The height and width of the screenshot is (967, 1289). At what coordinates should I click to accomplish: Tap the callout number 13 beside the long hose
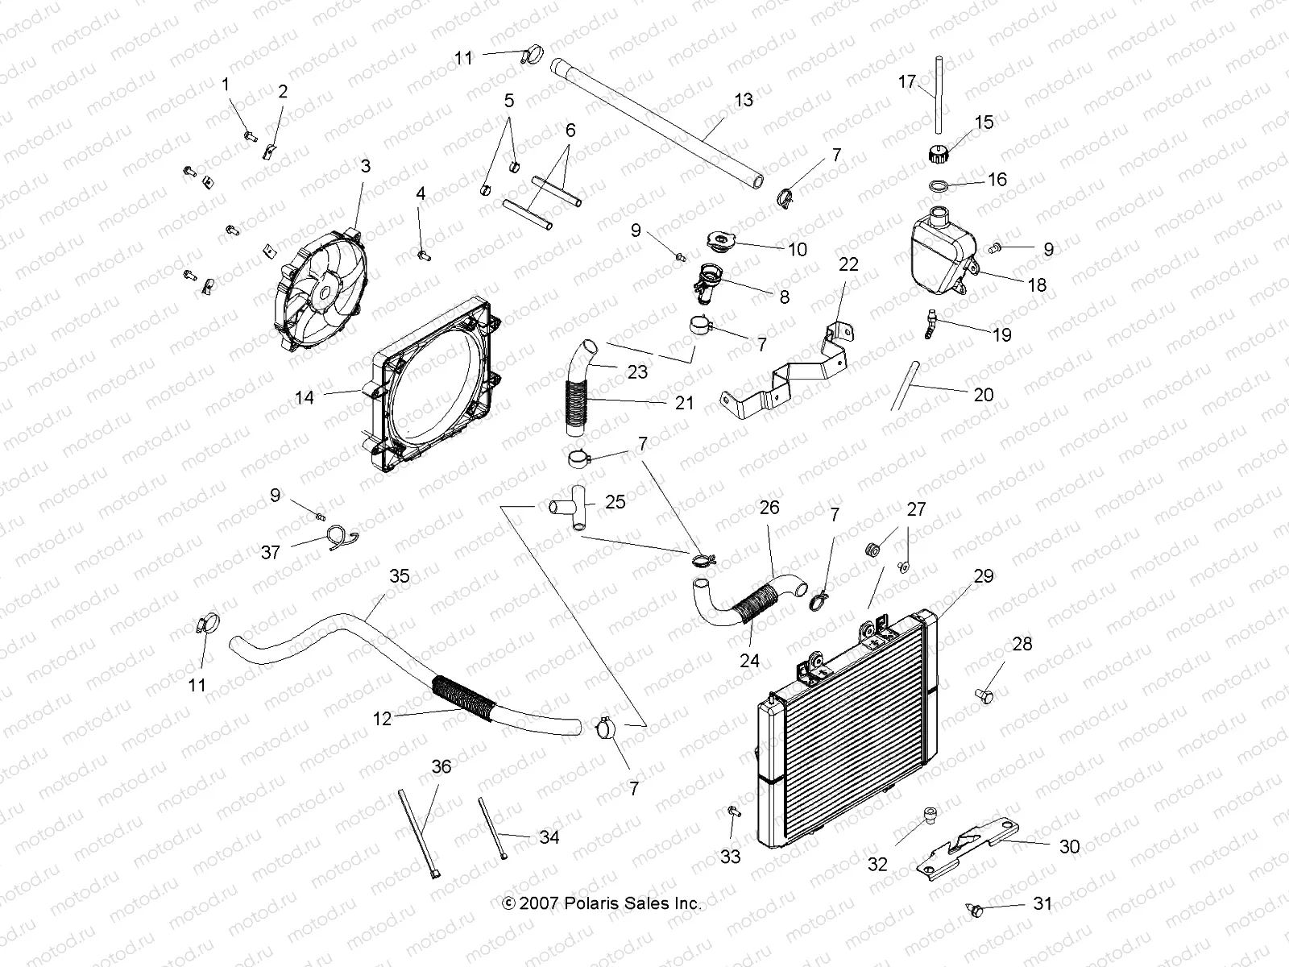point(744,99)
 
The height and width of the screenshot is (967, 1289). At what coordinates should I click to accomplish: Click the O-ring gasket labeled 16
point(960,187)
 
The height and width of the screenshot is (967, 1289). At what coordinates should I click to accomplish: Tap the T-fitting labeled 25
point(573,509)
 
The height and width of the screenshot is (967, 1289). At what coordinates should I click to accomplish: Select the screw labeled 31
point(978,911)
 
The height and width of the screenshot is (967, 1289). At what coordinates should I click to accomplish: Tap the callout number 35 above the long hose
point(400,576)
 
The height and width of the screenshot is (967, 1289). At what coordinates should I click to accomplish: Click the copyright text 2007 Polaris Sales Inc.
point(602,903)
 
